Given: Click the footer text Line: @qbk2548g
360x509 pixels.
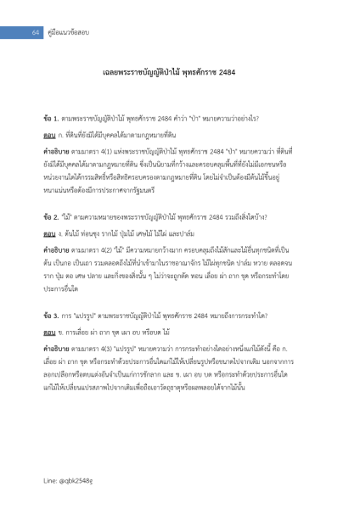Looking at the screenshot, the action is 61,488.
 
